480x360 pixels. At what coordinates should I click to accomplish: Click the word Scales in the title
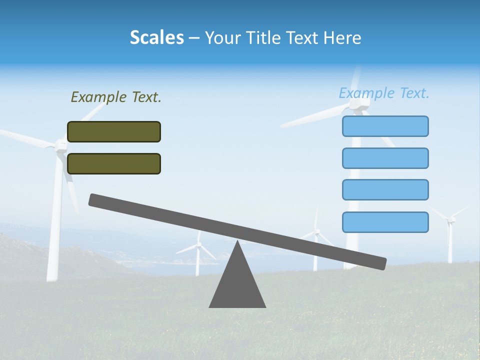pos(156,37)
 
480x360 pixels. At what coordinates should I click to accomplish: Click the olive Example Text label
pos(116,97)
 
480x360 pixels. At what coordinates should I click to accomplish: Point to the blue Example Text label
pos(384,93)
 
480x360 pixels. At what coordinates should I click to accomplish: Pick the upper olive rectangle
pos(114,131)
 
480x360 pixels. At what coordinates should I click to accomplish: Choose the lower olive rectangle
pos(114,163)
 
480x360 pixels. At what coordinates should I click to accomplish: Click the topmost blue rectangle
pos(385,126)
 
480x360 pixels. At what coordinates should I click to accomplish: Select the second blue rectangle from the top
pos(385,158)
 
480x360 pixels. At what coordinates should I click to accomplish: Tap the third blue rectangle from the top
pos(385,189)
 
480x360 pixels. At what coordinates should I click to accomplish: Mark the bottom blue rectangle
pos(385,222)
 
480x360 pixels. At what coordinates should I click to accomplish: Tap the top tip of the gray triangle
pos(237,242)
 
